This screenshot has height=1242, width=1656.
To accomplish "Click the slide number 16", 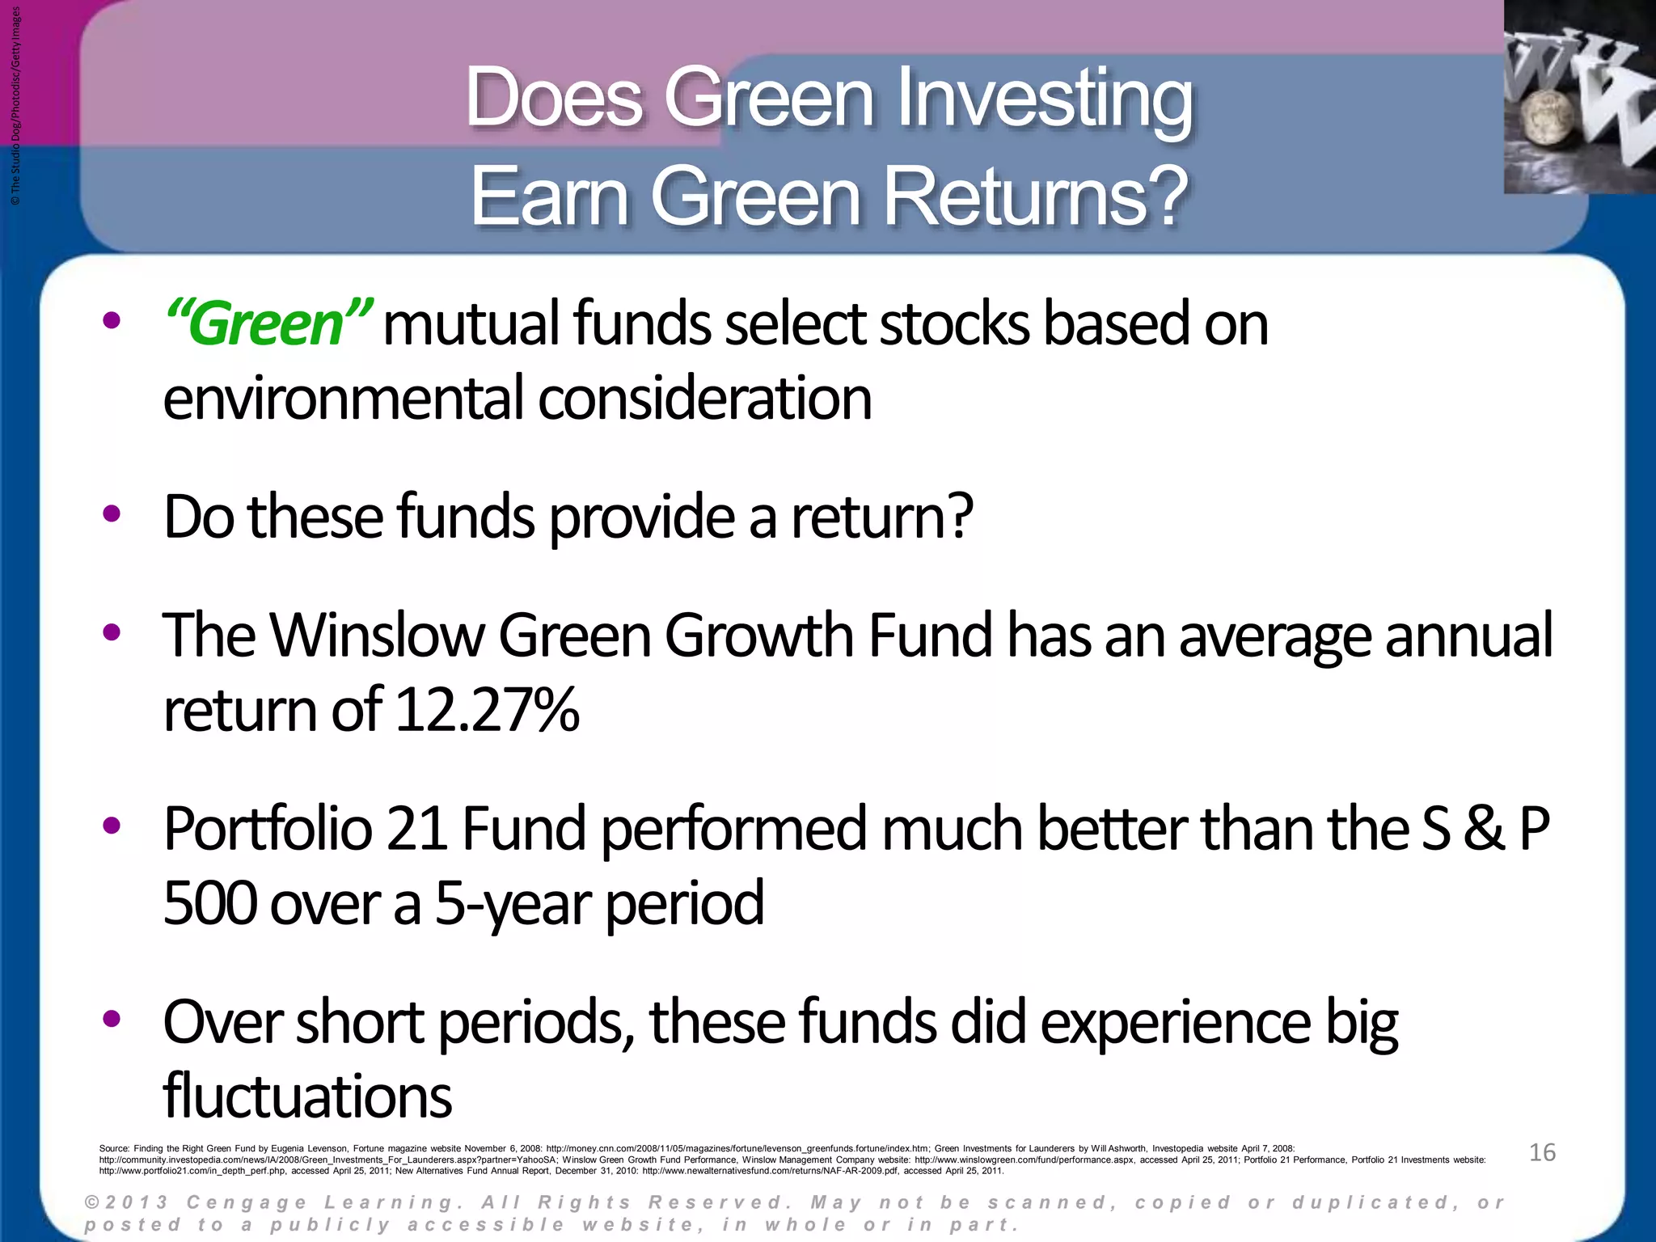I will pyautogui.click(x=1542, y=1152).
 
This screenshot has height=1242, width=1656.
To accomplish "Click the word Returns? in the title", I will pyautogui.click(x=1036, y=197).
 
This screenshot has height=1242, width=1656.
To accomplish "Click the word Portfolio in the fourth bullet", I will pyautogui.click(x=268, y=830).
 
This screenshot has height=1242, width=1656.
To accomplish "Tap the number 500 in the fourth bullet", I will pyautogui.click(x=209, y=903).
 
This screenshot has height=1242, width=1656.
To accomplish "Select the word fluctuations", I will pyautogui.click(x=307, y=1097).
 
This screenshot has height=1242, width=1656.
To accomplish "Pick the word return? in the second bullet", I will pyautogui.click(x=881, y=517).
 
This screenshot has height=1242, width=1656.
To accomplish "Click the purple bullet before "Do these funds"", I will pyautogui.click(x=112, y=513).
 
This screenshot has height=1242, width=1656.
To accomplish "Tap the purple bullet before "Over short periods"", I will pyautogui.click(x=112, y=1018).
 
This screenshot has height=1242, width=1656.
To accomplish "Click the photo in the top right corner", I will pyautogui.click(x=1578, y=97).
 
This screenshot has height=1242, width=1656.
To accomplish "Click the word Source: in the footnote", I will pyautogui.click(x=114, y=1148).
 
